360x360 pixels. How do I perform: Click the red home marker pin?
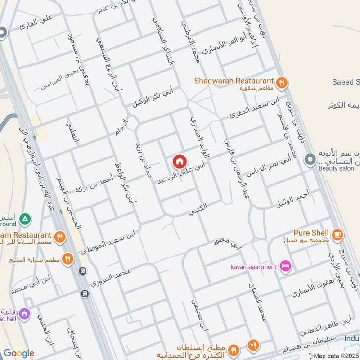pos(179,161)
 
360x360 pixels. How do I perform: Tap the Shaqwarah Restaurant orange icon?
pos(282,82)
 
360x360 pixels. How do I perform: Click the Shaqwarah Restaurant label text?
pos(234,81)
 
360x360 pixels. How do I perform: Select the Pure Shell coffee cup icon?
pos(337,234)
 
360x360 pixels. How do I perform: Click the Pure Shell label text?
pos(310,233)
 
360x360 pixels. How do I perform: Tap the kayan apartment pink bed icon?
pos(285,266)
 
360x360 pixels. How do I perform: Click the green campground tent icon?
pos(26,218)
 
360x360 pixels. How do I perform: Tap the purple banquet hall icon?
pos(24,312)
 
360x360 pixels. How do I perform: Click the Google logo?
pos(19,353)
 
